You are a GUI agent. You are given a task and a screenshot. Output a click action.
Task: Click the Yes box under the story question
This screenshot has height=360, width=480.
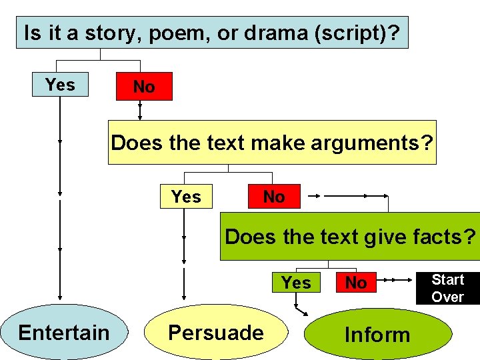[60, 85]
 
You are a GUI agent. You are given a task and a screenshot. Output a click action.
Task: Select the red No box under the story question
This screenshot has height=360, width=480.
[144, 87]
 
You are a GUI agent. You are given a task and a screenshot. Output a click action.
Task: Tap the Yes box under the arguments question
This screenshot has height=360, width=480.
[186, 197]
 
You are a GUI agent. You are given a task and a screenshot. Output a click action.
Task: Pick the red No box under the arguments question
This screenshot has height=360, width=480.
[274, 197]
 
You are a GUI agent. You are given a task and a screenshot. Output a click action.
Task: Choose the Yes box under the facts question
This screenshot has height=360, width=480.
[296, 283]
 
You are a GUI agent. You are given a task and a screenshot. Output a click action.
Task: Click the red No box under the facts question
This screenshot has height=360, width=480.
[356, 283]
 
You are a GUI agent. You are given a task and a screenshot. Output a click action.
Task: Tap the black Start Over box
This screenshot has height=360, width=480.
[447, 288]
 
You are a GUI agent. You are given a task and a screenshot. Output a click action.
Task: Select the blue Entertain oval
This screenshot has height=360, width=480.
[64, 332]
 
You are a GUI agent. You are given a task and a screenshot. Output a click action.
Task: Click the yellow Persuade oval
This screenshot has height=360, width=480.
[215, 332]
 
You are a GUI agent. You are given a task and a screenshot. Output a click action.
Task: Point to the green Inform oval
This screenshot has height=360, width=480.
[377, 335]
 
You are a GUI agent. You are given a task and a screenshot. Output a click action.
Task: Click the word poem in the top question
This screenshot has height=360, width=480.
[168, 33]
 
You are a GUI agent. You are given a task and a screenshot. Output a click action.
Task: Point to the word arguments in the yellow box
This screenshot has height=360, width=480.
[377, 143]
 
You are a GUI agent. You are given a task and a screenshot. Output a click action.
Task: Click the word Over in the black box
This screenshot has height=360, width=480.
[447, 297]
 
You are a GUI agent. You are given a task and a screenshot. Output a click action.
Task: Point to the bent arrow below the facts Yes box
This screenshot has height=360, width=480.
[301, 309]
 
